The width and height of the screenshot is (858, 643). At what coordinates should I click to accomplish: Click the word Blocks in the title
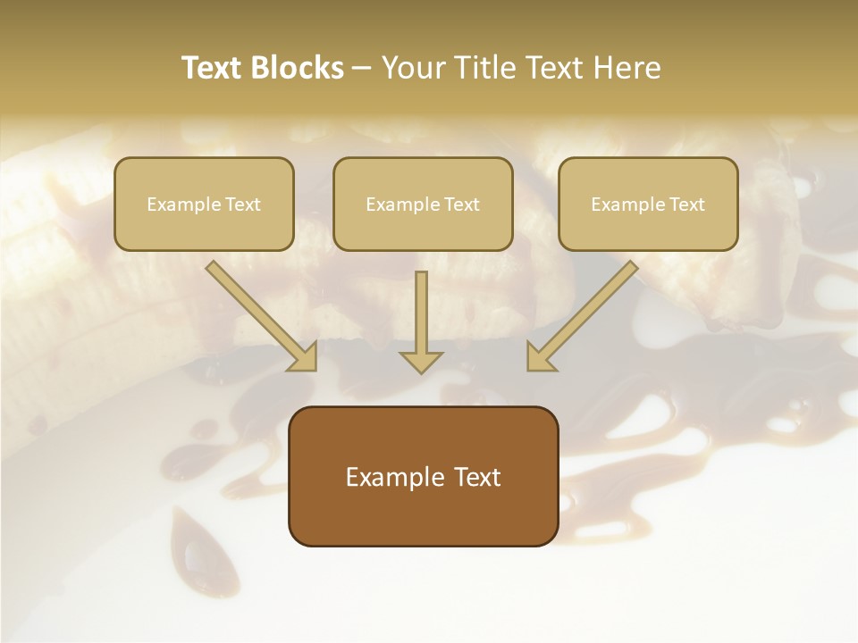(x=298, y=68)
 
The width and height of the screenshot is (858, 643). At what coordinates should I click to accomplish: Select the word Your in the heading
(x=410, y=68)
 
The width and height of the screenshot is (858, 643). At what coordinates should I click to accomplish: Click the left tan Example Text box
(x=204, y=204)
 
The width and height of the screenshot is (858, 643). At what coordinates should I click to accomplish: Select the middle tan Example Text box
(x=423, y=204)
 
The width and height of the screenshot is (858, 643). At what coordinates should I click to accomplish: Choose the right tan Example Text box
(x=648, y=204)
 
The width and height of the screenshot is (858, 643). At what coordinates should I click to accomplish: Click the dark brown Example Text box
(x=423, y=477)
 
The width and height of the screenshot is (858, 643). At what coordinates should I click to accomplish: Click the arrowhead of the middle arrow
(x=421, y=362)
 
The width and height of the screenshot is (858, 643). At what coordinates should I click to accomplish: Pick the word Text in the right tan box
(x=686, y=204)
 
